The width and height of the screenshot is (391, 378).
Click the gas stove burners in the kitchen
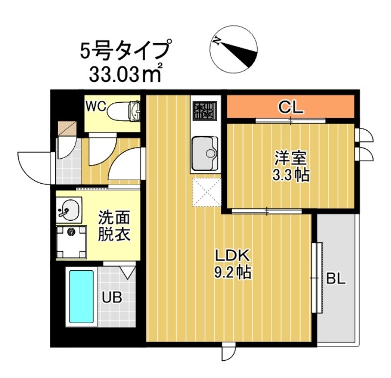[x=204, y=111]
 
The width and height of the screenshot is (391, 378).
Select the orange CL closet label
[x=291, y=107]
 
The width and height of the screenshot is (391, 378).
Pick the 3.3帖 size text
[x=290, y=175]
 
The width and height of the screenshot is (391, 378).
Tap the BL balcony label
[x=336, y=279]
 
